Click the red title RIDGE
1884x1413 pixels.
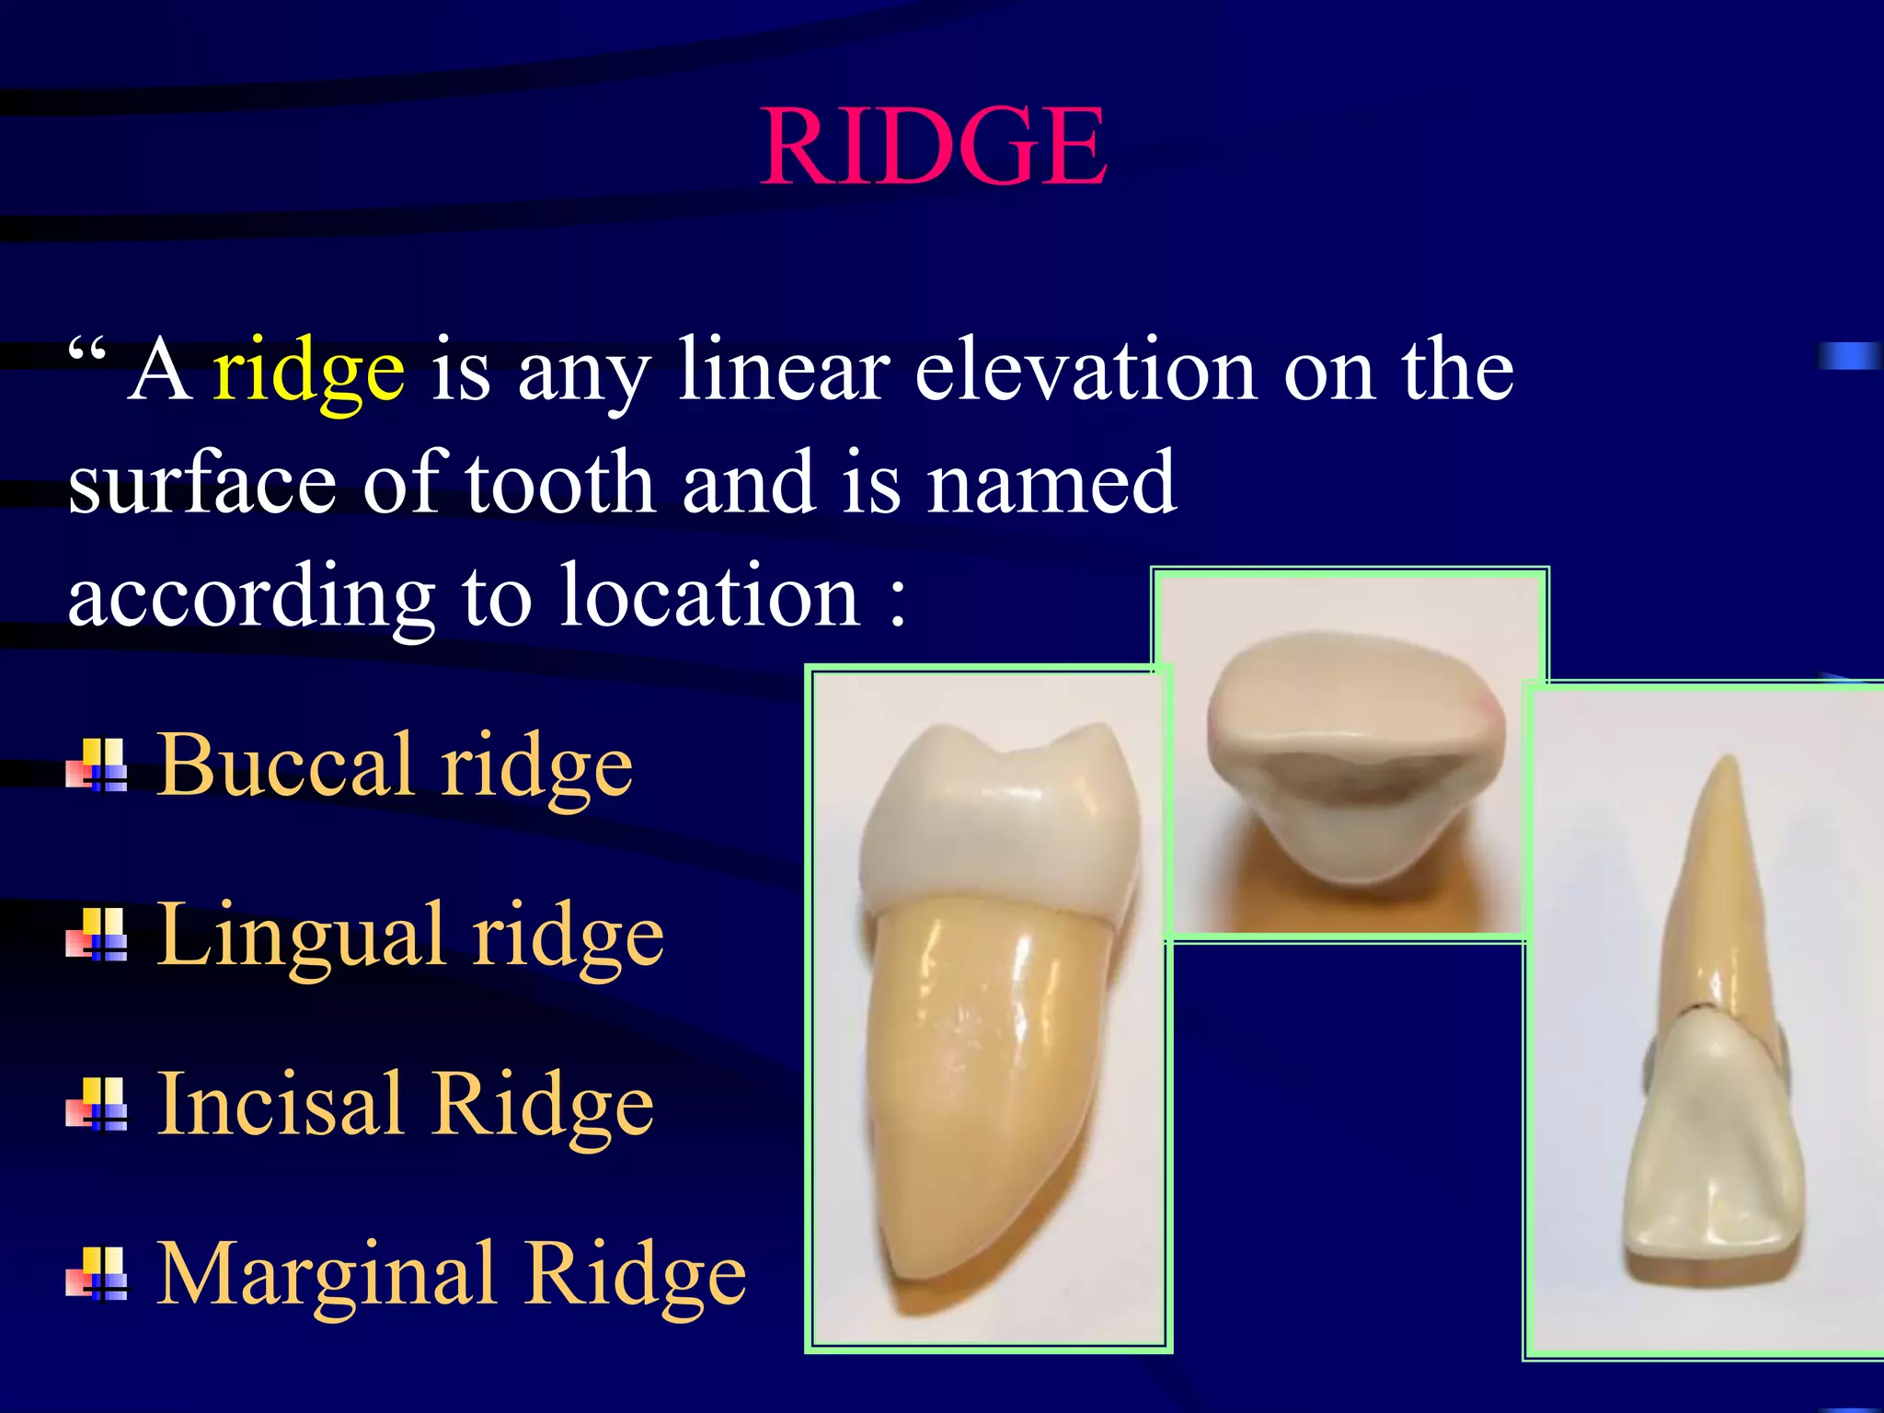[934, 147]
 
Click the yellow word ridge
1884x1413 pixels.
[308, 373]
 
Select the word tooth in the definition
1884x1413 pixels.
[560, 483]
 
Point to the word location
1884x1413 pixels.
[709, 597]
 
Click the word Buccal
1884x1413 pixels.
[285, 765]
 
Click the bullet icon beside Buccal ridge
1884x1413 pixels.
[98, 766]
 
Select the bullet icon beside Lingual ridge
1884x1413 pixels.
[98, 936]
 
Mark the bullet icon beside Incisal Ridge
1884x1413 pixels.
[98, 1105]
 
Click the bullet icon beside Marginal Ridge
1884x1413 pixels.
[98, 1275]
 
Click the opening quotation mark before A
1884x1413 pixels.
[87, 351]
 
